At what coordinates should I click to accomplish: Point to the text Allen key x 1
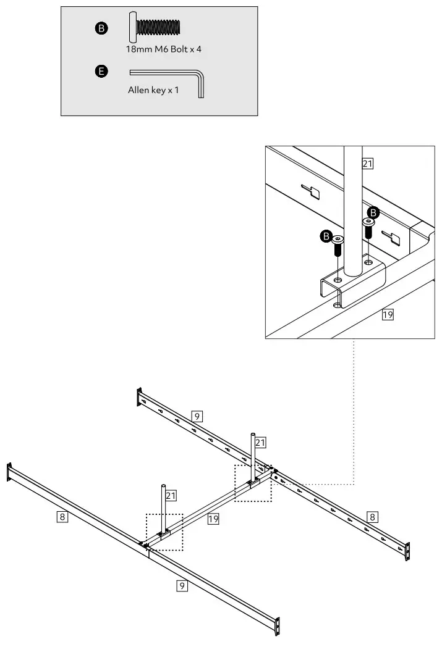coord(153,90)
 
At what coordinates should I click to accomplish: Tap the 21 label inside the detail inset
coord(368,164)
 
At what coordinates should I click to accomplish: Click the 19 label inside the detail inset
coord(388,315)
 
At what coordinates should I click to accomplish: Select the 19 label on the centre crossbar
coord(213,519)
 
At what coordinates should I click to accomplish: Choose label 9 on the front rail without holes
coord(182,585)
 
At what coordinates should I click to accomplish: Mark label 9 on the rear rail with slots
coord(197,416)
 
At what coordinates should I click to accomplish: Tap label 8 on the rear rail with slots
coord(371,516)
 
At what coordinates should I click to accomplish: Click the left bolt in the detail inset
coord(337,246)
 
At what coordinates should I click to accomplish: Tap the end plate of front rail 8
coord(9,472)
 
